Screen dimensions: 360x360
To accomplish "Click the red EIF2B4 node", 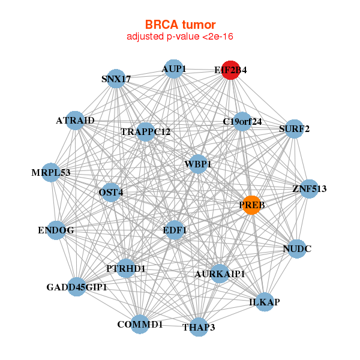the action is [x=231, y=70].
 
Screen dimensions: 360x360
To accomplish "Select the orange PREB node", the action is [x=252, y=205].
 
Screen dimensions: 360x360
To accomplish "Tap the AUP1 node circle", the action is [x=173, y=69].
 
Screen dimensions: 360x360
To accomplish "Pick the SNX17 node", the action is [x=116, y=79].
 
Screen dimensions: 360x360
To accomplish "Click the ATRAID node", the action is [x=76, y=121].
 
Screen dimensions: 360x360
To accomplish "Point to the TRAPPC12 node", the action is [x=146, y=131].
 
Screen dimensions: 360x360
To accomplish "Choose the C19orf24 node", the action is [x=242, y=122].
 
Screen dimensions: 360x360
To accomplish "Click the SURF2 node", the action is [x=294, y=128].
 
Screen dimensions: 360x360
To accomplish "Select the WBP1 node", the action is [x=199, y=164].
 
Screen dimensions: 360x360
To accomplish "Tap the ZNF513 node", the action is [x=309, y=189].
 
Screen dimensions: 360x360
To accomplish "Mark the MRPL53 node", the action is [x=52, y=173].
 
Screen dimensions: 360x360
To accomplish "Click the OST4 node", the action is [x=111, y=193].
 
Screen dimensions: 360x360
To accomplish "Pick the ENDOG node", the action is [x=56, y=230].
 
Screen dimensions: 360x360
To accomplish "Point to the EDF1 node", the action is [x=175, y=230].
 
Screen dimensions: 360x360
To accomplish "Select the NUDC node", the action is [x=297, y=248].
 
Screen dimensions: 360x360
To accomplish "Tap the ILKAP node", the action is [x=265, y=301].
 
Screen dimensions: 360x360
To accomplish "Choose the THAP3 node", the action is [x=199, y=327].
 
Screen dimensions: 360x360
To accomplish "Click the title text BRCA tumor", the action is [x=180, y=25].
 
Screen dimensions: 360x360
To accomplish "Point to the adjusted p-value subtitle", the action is [x=180, y=37].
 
